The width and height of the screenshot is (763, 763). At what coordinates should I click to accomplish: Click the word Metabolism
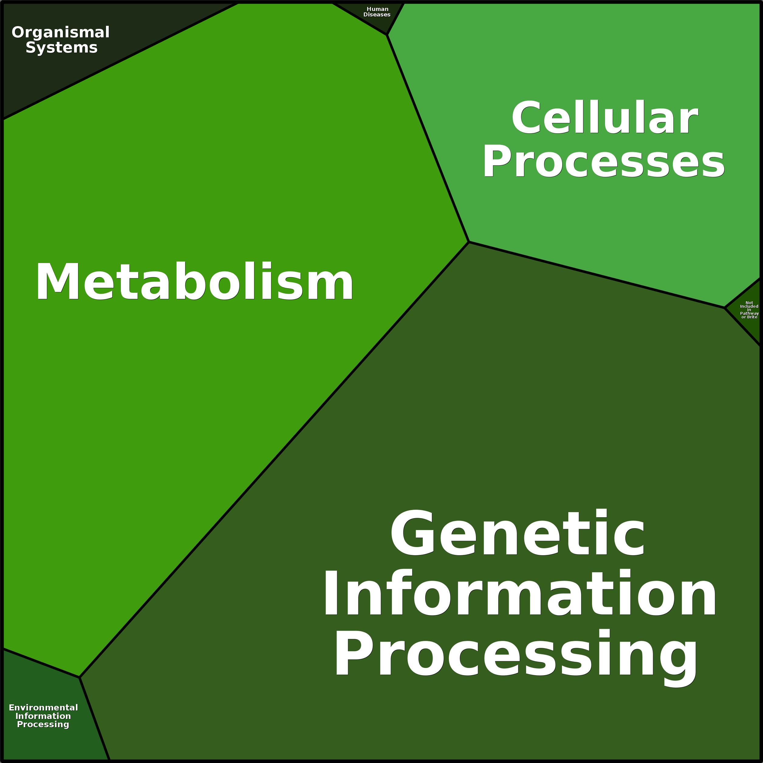pos(194,282)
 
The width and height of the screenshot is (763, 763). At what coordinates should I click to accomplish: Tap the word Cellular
pos(605,118)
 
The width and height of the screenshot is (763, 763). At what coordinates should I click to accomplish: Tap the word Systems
pos(62,47)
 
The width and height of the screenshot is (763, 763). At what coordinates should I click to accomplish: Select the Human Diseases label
pos(377,12)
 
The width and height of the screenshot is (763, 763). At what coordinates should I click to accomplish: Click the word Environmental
pos(43,708)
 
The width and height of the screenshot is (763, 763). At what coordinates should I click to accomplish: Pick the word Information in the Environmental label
pos(43,716)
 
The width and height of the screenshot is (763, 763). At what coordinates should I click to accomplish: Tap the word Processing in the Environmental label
pos(43,724)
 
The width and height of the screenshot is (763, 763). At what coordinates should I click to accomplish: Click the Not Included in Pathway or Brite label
pos(749,310)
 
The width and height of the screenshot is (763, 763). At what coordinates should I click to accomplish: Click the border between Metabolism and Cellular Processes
pos(428,138)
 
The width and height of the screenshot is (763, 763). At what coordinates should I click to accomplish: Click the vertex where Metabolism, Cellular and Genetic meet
pos(469,242)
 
